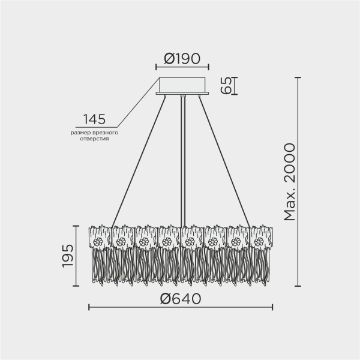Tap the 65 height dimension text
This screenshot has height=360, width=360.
[x=226, y=86]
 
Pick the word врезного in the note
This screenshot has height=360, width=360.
[x=106, y=131]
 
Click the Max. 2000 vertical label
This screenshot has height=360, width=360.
[x=289, y=182]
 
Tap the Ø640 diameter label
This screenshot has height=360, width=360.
[x=181, y=298]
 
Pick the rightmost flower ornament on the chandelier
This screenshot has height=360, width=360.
[x=259, y=242]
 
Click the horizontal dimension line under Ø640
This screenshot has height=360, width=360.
[x=181, y=307]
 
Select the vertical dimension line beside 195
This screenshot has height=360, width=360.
[x=76, y=256]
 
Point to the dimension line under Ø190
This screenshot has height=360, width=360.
[x=181, y=67]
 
